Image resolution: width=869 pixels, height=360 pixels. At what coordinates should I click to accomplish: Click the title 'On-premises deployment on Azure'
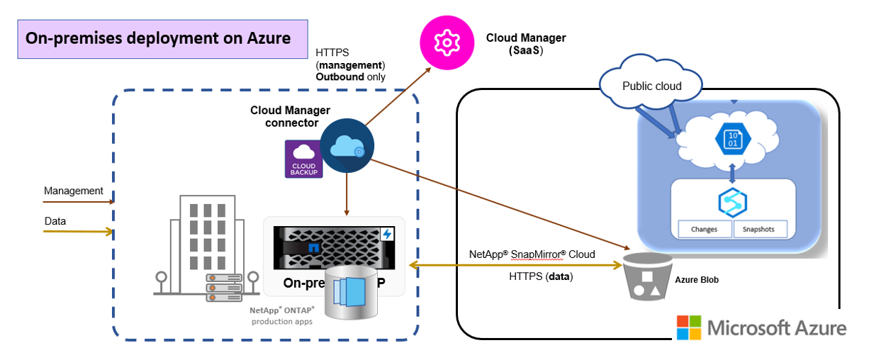click(158, 38)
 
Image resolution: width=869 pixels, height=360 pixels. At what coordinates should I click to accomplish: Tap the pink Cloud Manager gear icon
click(447, 43)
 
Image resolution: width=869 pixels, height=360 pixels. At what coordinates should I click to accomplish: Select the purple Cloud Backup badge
click(303, 159)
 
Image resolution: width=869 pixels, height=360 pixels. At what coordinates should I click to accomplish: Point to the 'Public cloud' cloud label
click(651, 86)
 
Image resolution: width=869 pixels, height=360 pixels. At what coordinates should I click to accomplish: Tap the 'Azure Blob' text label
click(697, 280)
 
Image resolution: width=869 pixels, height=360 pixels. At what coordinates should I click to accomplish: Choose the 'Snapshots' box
click(759, 229)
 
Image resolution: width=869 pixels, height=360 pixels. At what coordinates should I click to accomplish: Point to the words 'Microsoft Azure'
click(777, 328)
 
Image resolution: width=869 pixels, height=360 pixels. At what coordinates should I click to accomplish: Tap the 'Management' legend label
click(74, 191)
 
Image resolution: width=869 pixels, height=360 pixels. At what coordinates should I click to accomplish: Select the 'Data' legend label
click(55, 221)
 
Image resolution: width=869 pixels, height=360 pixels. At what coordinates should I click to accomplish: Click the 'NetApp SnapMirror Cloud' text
click(532, 254)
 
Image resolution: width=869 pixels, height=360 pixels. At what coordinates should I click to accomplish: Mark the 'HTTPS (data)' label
click(541, 276)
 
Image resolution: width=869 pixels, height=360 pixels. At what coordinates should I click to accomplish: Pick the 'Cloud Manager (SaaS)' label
click(526, 44)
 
